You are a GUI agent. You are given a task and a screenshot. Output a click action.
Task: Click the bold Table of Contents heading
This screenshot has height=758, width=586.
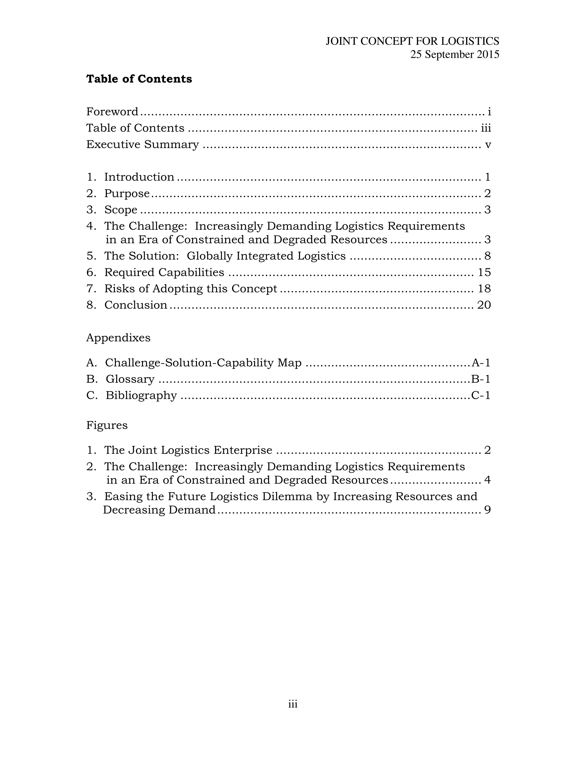tap(139, 79)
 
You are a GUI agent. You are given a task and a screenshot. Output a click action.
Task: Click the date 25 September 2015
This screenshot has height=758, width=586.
tap(455, 55)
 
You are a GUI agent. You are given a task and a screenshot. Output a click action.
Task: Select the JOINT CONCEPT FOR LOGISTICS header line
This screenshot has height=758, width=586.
tap(412, 41)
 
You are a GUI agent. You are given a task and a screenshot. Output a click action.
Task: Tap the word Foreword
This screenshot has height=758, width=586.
tap(112, 112)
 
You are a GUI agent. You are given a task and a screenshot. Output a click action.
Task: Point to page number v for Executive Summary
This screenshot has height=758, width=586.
tap(488, 145)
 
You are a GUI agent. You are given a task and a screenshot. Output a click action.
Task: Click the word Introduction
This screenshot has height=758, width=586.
tap(139, 177)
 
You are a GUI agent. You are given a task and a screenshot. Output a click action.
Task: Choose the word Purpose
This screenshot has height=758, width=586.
tap(127, 193)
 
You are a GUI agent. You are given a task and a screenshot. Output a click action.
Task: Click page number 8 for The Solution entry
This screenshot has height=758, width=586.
tap(487, 256)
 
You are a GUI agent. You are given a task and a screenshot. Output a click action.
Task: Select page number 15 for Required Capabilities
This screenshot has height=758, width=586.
tap(484, 272)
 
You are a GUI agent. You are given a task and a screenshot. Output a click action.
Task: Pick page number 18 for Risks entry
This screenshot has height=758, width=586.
tap(484, 289)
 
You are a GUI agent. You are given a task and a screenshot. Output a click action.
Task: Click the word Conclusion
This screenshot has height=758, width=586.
tap(136, 305)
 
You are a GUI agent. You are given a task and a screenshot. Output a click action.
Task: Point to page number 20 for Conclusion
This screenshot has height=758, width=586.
tap(484, 305)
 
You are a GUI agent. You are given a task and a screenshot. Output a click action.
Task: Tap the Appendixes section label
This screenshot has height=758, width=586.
tap(118, 338)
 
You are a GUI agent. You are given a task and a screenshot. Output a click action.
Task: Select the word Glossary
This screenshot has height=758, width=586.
tap(130, 379)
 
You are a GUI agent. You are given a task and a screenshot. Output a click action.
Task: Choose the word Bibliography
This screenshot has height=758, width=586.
tap(141, 395)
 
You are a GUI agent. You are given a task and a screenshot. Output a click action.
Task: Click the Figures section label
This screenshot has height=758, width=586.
tap(107, 425)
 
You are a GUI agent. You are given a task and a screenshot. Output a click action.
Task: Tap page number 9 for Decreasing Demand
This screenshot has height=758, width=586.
tap(487, 510)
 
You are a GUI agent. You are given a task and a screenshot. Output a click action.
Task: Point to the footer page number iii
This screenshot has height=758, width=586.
tap(293, 704)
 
